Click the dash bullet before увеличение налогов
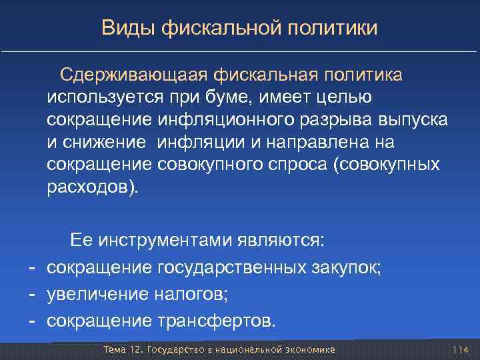(x=31, y=294)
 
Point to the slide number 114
(x=461, y=350)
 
